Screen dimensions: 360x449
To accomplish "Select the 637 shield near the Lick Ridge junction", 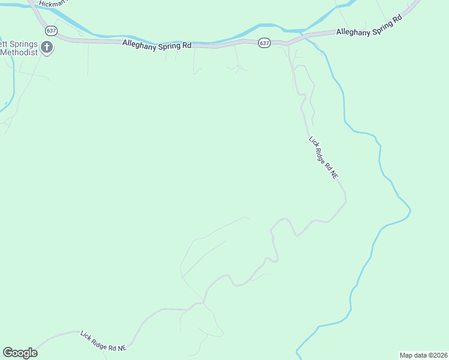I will point(265,43).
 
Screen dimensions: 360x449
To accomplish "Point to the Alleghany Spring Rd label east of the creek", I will point(369,27).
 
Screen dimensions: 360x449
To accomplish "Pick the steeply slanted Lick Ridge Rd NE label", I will point(324,157).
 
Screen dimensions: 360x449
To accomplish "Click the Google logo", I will point(20,353).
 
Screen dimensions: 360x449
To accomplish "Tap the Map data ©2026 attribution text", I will point(423,355).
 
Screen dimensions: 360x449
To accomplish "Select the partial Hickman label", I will point(51,4).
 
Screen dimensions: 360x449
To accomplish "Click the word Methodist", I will point(19,52).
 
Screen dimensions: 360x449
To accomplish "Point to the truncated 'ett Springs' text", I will point(19,44).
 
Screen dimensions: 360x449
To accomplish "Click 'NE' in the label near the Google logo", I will point(122,348).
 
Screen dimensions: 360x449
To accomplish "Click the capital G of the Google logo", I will point(8,353).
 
